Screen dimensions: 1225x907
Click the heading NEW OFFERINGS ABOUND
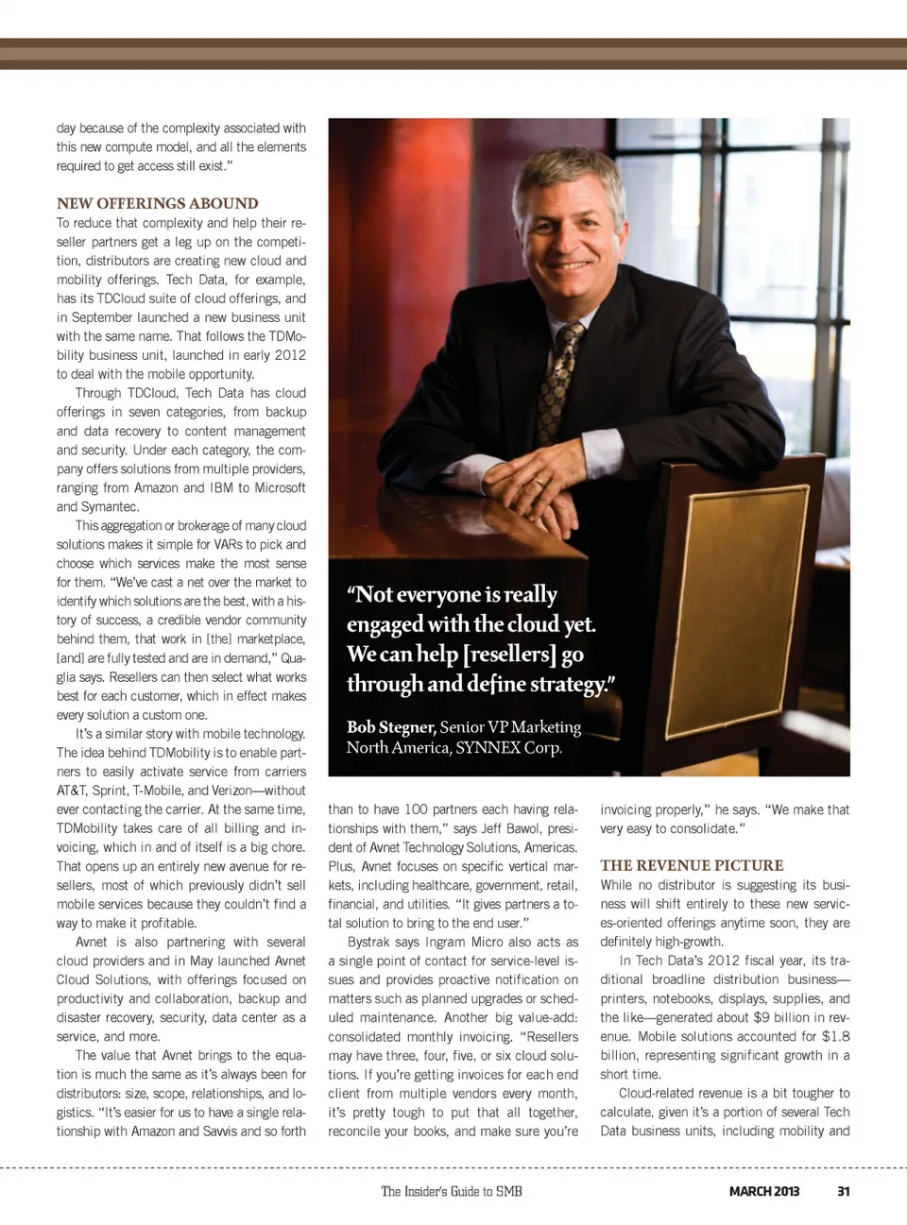coord(157,203)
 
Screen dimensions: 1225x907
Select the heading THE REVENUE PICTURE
coord(692,865)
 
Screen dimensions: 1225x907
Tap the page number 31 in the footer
coord(843,1191)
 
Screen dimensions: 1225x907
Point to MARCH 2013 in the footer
coord(763,1191)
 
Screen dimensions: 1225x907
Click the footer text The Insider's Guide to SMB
coord(452,1191)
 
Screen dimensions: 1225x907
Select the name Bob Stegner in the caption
coord(390,726)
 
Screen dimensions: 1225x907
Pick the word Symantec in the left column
coord(97,506)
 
